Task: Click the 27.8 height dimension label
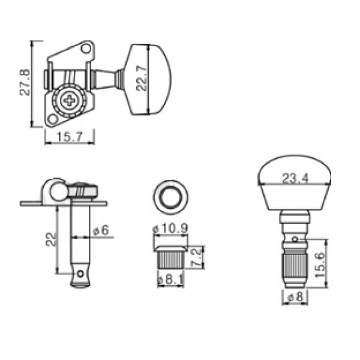click(25, 82)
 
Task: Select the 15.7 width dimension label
click(70, 137)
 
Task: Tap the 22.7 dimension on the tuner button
click(141, 79)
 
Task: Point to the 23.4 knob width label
click(295, 178)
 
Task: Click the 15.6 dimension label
click(320, 265)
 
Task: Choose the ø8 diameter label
click(295, 297)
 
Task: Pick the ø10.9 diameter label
click(170, 229)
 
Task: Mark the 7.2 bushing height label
click(197, 257)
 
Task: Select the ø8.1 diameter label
click(170, 280)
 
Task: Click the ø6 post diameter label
click(101, 230)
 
